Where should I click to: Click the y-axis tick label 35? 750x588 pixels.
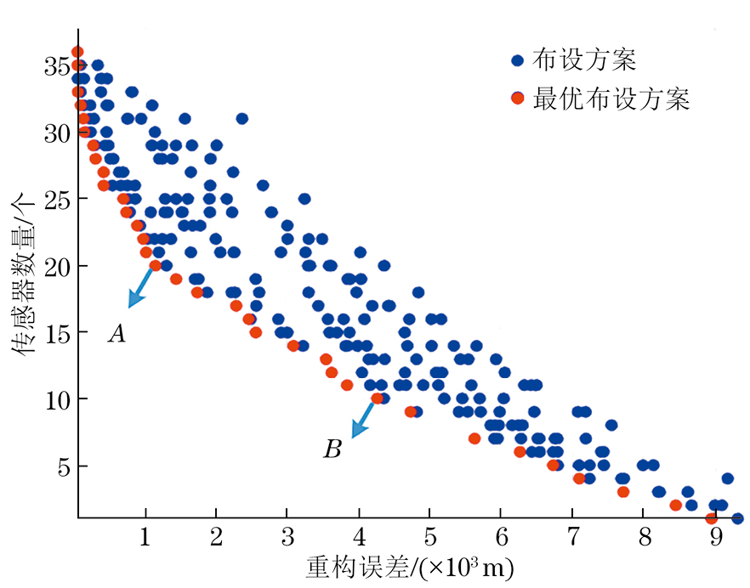(x=56, y=65)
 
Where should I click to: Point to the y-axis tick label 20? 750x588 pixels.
(x=56, y=266)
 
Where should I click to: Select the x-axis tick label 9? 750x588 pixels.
(x=715, y=537)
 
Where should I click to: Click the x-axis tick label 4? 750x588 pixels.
(x=359, y=537)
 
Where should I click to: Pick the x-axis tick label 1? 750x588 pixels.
(x=145, y=537)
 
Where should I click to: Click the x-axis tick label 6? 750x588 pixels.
(x=501, y=537)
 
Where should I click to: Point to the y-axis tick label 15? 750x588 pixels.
(x=56, y=333)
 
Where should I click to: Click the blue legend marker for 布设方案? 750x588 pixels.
(x=516, y=60)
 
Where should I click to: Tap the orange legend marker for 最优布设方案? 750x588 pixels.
(x=516, y=99)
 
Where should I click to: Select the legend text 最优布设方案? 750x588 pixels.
(x=610, y=99)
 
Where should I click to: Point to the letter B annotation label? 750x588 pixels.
(x=332, y=449)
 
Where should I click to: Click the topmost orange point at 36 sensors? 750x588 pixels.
(x=77, y=52)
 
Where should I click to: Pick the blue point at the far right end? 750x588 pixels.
(x=736, y=518)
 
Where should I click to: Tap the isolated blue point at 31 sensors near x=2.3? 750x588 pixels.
(x=241, y=118)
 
